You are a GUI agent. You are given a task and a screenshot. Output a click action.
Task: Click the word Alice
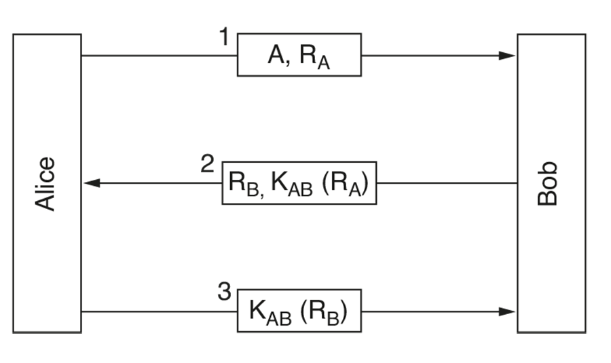tap(45, 184)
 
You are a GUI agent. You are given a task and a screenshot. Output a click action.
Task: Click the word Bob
tap(547, 183)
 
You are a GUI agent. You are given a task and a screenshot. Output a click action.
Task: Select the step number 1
tap(224, 37)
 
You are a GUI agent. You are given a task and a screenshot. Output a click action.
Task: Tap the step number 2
tap(208, 164)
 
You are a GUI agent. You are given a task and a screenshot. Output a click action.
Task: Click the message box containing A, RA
tap(299, 54)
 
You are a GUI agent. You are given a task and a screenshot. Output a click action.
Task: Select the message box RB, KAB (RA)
tap(299, 183)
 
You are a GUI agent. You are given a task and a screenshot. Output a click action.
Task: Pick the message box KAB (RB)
tap(299, 311)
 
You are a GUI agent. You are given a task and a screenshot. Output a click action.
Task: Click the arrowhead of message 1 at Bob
tap(507, 56)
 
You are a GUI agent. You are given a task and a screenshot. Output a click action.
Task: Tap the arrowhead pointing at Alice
tap(92, 183)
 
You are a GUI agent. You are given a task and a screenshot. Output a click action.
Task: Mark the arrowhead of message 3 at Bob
tap(507, 311)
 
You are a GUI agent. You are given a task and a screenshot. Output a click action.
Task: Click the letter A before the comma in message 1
tap(276, 54)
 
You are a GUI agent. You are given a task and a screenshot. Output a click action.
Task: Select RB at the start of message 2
tap(244, 185)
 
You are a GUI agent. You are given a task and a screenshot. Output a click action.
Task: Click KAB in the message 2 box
tap(291, 185)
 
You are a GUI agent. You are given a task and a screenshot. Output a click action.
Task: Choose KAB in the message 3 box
tap(270, 312)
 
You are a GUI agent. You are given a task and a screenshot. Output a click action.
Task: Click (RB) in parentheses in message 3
tap(324, 312)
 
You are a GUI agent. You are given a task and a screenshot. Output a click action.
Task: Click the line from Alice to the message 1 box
tap(160, 56)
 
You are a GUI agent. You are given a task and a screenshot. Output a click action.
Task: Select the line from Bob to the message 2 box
tap(447, 183)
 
